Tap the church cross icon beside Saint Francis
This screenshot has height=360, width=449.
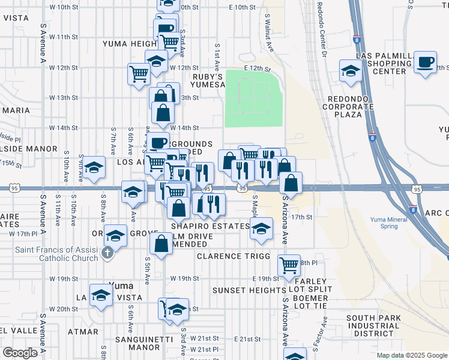pyautogui.click(x=107, y=253)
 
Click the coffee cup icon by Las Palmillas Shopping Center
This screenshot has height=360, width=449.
pyautogui.click(x=425, y=62)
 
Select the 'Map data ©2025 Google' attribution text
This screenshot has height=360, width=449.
pyautogui.click(x=411, y=355)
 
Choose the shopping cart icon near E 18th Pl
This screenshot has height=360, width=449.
pyautogui.click(x=289, y=264)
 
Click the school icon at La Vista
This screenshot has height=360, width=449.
pyautogui.click(x=101, y=295)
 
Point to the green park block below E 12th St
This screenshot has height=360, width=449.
pyautogui.click(x=253, y=98)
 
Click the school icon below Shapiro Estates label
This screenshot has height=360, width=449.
pyautogui.click(x=261, y=229)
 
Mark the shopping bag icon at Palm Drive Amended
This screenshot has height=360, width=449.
pyautogui.click(x=161, y=244)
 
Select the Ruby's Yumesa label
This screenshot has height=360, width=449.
pyautogui.click(x=208, y=81)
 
